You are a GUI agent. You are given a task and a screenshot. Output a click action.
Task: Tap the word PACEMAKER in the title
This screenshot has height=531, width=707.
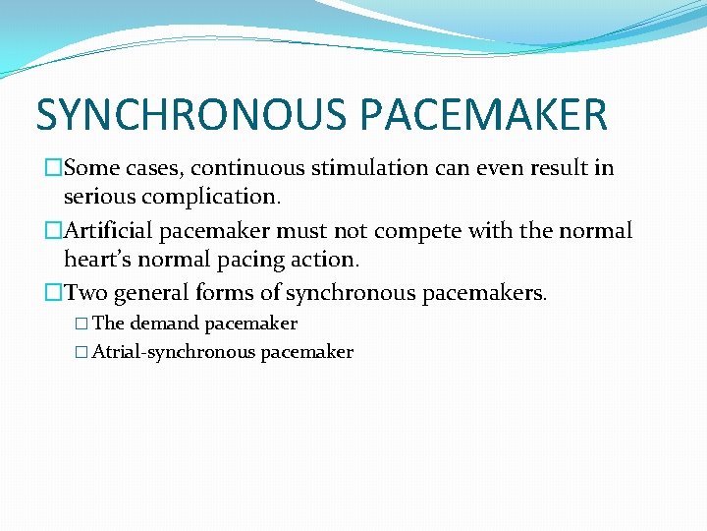485,114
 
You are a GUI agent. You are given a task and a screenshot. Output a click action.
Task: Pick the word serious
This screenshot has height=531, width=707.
95,197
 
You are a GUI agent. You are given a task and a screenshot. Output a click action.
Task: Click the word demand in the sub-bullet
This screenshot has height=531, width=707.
163,324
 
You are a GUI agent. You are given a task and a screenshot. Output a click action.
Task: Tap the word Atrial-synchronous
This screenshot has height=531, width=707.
174,352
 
